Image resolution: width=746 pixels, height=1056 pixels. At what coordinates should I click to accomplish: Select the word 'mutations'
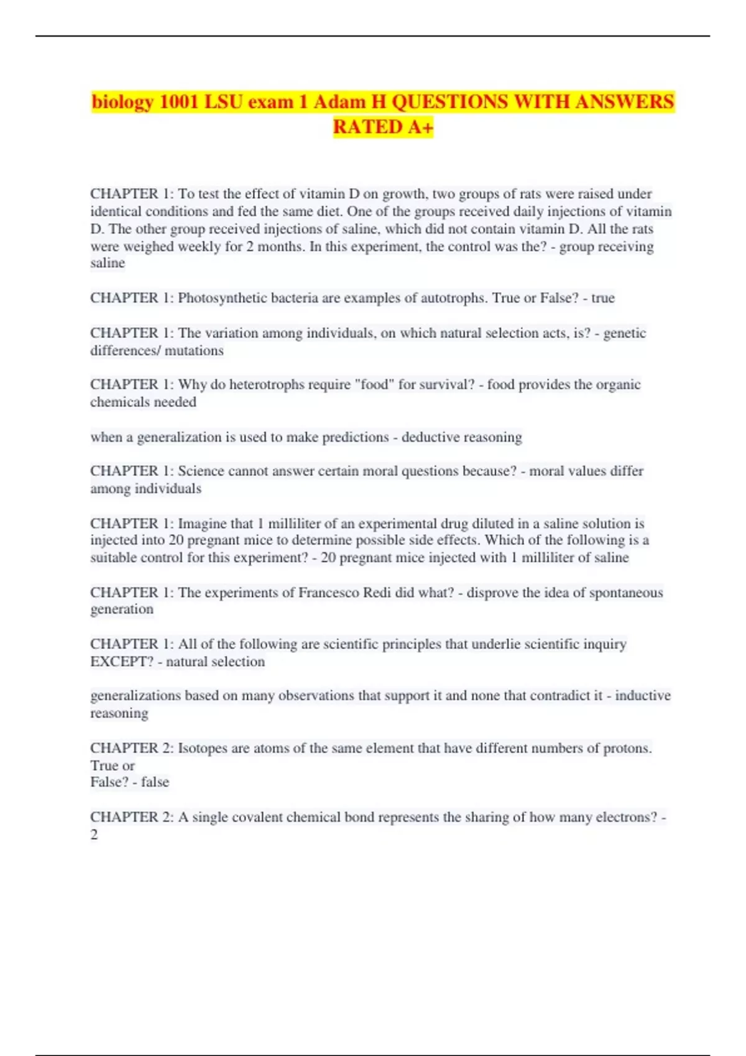[194, 350]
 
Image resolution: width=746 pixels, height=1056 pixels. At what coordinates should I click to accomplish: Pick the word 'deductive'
[431, 437]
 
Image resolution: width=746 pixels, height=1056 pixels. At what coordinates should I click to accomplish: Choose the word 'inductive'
[643, 696]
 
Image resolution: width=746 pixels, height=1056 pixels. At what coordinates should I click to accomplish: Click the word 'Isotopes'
[203, 749]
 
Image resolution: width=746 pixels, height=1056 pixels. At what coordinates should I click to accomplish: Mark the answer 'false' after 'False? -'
[155, 782]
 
